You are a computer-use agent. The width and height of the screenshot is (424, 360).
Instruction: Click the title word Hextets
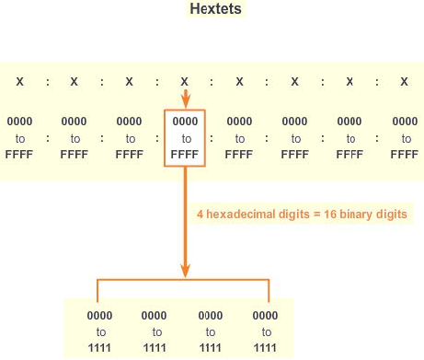pyautogui.click(x=215, y=8)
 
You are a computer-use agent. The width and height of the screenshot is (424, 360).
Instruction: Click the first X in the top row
pyautogui.click(x=20, y=82)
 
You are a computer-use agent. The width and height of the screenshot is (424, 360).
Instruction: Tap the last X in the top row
pyautogui.click(x=405, y=82)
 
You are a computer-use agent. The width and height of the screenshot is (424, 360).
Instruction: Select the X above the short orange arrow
pyautogui.click(x=184, y=82)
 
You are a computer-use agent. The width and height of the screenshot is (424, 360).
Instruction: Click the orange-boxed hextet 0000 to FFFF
pyautogui.click(x=185, y=138)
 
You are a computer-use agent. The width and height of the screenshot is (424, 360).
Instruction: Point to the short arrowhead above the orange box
pyautogui.click(x=186, y=101)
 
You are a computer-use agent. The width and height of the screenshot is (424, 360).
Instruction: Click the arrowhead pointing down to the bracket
pyautogui.click(x=185, y=270)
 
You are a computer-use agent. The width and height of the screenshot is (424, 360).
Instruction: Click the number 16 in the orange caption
pyautogui.click(x=330, y=214)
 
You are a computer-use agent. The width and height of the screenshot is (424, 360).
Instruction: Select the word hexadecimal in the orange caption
pyautogui.click(x=258, y=214)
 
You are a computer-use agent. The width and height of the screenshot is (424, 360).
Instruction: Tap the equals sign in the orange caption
pyautogui.click(x=317, y=215)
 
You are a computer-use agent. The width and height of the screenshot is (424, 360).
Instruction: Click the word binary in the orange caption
pyautogui.click(x=356, y=215)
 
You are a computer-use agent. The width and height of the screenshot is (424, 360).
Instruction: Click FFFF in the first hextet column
pyautogui.click(x=19, y=155)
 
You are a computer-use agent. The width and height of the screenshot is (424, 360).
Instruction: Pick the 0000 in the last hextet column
pyautogui.click(x=405, y=122)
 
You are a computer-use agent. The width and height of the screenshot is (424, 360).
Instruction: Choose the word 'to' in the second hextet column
pyautogui.click(x=75, y=139)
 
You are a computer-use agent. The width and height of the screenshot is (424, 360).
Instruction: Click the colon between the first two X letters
pyautogui.click(x=48, y=82)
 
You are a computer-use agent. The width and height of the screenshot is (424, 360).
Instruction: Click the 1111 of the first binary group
pyautogui.click(x=99, y=348)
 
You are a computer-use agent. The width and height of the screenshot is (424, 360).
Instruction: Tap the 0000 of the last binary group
pyautogui.click(x=265, y=316)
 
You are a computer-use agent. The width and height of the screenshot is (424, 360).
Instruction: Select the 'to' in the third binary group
pyautogui.click(x=211, y=332)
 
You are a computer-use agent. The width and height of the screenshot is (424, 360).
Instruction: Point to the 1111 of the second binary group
pyautogui.click(x=155, y=348)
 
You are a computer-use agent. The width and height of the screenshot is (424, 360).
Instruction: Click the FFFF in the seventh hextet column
pyautogui.click(x=350, y=155)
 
